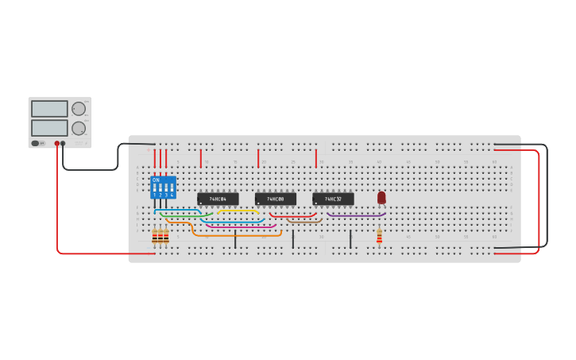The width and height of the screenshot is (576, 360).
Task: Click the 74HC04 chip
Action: point(218,199)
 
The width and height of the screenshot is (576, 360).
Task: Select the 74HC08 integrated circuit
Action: point(275,199)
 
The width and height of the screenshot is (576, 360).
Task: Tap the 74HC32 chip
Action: point(333,199)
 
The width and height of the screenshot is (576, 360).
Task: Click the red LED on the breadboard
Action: point(381,197)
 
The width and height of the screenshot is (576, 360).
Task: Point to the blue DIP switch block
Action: point(163,188)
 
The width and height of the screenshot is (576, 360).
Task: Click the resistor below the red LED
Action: point(379,236)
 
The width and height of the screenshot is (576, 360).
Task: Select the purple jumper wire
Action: point(356,215)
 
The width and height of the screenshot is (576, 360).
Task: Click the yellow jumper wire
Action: point(238,211)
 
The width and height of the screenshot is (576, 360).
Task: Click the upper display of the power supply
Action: point(49,109)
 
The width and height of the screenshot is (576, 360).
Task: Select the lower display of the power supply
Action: point(49,128)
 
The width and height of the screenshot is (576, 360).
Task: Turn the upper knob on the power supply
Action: point(78,109)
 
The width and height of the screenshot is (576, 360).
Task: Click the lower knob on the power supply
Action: point(78,128)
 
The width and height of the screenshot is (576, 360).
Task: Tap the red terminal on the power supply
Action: point(57,143)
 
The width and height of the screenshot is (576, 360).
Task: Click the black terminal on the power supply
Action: point(63,143)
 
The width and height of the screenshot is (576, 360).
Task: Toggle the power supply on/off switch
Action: point(36,143)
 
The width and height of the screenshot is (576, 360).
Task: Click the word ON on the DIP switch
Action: point(156,180)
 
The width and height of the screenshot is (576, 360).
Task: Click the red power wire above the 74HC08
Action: point(258,157)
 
